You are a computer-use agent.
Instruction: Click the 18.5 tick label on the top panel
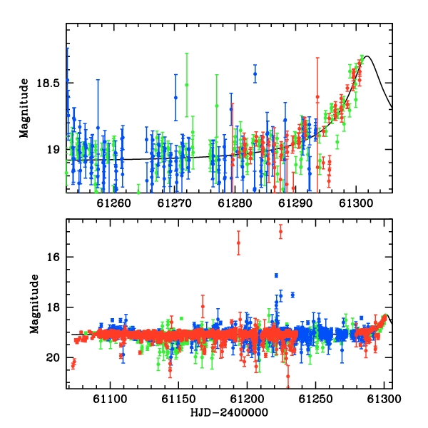[48, 83]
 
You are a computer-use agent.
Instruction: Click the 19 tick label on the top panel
[53, 150]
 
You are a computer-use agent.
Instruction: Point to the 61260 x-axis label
[114, 203]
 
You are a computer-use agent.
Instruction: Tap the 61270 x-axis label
[175, 203]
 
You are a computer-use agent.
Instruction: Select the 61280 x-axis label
[235, 203]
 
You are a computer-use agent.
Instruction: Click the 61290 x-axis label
[295, 203]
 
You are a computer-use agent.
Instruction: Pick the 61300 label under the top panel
[356, 203]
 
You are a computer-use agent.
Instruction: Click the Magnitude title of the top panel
[24, 108]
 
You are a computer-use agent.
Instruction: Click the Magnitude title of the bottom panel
[34, 304]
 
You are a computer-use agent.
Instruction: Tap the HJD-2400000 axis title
[229, 412]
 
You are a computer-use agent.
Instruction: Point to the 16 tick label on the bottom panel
[53, 257]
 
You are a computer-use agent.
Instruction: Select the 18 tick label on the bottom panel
[53, 307]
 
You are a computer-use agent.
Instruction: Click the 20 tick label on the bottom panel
[53, 357]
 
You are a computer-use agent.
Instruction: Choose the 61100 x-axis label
[110, 399]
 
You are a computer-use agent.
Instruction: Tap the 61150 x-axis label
[178, 399]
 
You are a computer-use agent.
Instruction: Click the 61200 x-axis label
[247, 399]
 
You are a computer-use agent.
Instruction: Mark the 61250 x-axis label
[315, 399]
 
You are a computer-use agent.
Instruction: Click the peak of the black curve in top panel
[367, 56]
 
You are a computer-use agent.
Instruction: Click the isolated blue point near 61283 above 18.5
[255, 74]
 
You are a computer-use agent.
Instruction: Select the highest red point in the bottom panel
[280, 232]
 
